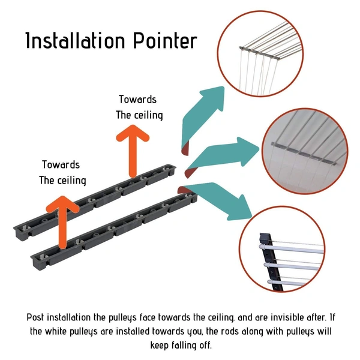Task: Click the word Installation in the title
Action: [x=76, y=40]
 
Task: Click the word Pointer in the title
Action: [x=165, y=41]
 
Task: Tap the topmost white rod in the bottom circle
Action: [x=291, y=250]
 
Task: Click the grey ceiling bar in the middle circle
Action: [x=304, y=154]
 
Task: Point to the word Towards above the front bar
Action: [x=61, y=164]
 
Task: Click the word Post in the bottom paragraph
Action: [x=35, y=317]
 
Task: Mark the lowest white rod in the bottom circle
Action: [x=287, y=283]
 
